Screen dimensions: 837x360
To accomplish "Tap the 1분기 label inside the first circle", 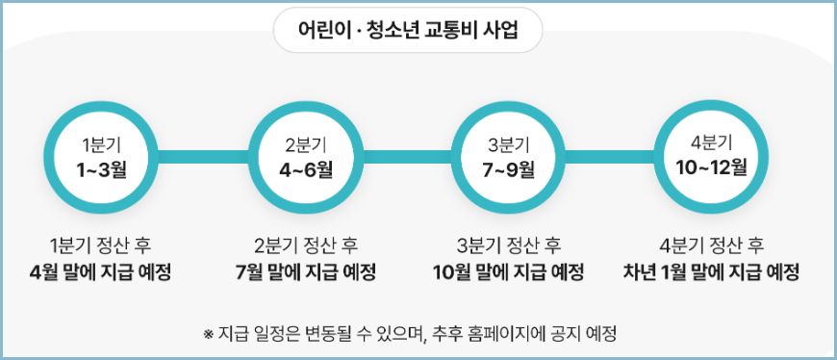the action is tap(101, 144).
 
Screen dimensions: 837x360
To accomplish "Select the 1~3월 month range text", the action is tap(101, 169).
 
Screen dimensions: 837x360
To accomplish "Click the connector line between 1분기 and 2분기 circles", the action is tap(203, 156).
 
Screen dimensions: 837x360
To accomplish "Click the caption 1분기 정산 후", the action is tap(101, 245).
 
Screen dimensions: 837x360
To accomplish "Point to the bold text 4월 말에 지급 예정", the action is tap(101, 271).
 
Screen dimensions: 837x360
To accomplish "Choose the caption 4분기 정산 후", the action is tap(711, 245).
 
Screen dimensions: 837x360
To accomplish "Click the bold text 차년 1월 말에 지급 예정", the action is tap(711, 271).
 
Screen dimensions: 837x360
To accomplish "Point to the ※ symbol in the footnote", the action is tap(208, 335).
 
